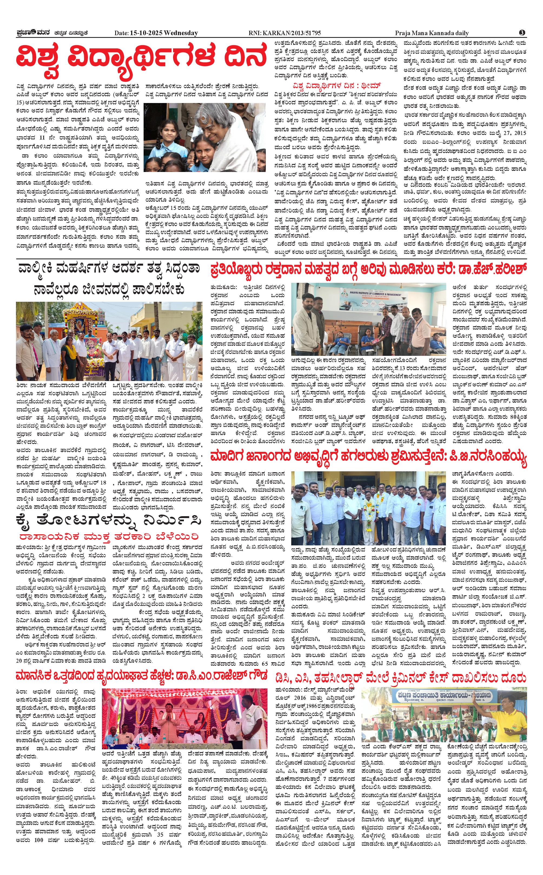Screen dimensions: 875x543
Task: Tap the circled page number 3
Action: [x=522, y=33]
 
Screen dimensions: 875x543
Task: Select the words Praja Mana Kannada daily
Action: [x=432, y=33]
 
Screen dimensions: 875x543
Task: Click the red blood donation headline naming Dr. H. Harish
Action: [x=369, y=269]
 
